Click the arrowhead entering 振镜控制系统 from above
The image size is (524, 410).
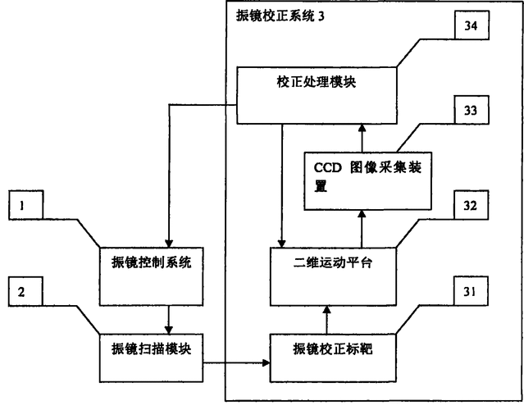(x=167, y=243)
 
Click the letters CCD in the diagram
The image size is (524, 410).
(x=328, y=166)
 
